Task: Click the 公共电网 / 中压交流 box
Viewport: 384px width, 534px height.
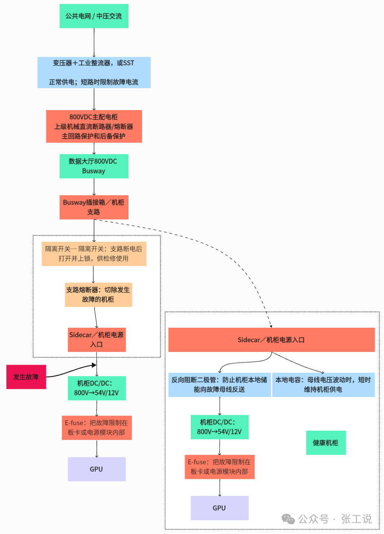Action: (x=94, y=16)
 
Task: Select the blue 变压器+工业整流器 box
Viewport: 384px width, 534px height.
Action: (x=94, y=72)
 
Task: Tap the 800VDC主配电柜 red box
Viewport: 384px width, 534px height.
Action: (x=94, y=126)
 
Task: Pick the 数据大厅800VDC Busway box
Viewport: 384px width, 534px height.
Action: (x=94, y=166)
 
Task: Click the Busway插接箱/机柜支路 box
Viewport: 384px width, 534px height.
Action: (x=94, y=207)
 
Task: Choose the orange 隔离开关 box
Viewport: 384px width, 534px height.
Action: (x=94, y=254)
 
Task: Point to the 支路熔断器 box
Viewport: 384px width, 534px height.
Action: (x=99, y=295)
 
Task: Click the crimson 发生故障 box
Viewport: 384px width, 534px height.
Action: (x=26, y=377)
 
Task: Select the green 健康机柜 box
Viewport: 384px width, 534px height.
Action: (x=326, y=443)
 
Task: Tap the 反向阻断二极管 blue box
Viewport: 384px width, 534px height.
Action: (x=220, y=385)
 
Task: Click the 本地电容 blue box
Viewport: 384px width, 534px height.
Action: (x=323, y=385)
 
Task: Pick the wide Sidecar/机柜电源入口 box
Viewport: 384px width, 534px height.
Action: (x=271, y=340)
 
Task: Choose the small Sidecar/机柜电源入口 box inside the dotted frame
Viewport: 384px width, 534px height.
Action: (x=97, y=340)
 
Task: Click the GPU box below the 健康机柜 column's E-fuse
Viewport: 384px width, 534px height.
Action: (x=220, y=508)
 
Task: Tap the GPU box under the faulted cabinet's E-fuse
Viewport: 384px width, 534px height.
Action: (x=97, y=469)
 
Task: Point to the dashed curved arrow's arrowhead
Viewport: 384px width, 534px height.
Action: (x=271, y=326)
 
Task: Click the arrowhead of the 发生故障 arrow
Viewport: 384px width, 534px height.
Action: (x=94, y=365)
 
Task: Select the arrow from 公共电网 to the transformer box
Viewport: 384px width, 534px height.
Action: (x=94, y=43)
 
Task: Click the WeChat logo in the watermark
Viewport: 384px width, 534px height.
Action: (x=288, y=519)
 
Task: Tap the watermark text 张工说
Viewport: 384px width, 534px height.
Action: (x=356, y=519)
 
